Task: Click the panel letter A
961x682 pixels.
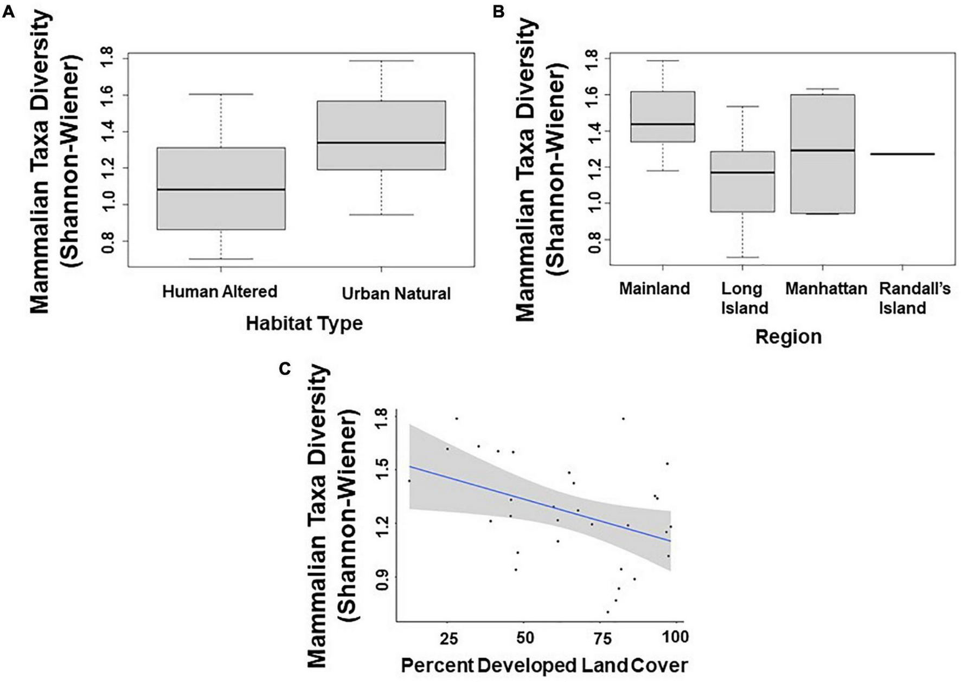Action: click(8, 12)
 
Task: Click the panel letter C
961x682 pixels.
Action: click(284, 369)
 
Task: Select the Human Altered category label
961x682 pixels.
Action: click(220, 292)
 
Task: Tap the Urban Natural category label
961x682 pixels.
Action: click(396, 294)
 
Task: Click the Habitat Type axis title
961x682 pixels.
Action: click(304, 323)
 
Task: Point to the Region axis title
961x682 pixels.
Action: click(788, 337)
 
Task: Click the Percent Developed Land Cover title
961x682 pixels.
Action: click(544, 665)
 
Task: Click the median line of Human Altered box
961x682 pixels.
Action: click(221, 190)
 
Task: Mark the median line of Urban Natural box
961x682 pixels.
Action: click(381, 143)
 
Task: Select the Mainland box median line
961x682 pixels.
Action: click(663, 124)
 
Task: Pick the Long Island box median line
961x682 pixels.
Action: click(742, 173)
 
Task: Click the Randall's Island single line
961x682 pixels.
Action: click(902, 154)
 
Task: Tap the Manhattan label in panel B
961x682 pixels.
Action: click(826, 288)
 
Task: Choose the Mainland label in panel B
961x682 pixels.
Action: click(655, 288)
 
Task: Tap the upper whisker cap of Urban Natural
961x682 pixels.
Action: click(381, 61)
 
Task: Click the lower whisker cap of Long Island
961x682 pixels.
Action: click(742, 257)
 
